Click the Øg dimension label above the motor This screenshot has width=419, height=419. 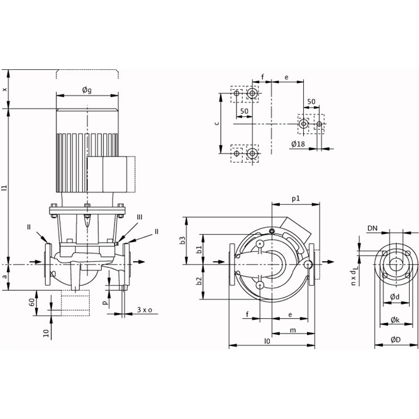(x=87, y=90)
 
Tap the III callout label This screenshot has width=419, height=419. (x=139, y=217)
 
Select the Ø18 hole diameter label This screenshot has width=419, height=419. (x=298, y=144)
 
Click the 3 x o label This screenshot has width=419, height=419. (x=145, y=309)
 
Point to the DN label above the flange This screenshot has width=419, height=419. (x=373, y=228)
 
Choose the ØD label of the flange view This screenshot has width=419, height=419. (x=395, y=340)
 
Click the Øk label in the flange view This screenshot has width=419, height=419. (x=395, y=319)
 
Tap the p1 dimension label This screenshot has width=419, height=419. (x=296, y=199)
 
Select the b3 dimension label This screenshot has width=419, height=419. (x=183, y=240)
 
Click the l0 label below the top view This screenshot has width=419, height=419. (x=267, y=341)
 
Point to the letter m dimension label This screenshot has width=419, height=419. (x=293, y=330)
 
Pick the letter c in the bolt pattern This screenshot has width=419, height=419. (x=217, y=123)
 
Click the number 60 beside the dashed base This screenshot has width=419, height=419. (x=32, y=303)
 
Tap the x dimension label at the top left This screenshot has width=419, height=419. (x=4, y=90)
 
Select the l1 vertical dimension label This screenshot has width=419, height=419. (x=4, y=188)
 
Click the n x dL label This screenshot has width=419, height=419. (x=353, y=275)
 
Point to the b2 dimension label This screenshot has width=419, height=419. (x=199, y=281)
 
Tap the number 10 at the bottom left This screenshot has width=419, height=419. (x=46, y=333)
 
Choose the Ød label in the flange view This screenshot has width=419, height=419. (x=395, y=296)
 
